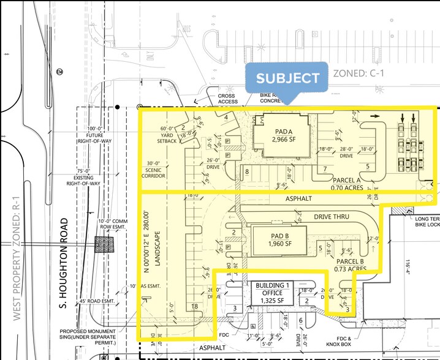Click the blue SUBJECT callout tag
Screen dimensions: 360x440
[x=287, y=78]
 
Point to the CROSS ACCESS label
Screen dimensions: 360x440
[x=227, y=99]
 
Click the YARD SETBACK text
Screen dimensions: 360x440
[x=168, y=137]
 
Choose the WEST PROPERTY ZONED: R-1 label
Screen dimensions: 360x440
[x=16, y=260]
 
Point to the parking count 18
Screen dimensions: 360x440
[x=194, y=306]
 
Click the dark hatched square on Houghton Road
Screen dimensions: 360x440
[x=104, y=245]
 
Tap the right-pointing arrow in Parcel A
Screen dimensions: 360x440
[x=374, y=114]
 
